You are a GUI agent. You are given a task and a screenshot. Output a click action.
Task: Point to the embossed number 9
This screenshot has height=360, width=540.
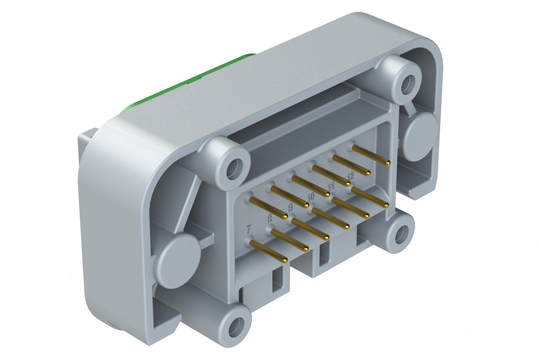click(291, 207)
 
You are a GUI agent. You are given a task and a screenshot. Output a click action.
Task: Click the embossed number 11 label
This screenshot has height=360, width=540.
click(331, 186)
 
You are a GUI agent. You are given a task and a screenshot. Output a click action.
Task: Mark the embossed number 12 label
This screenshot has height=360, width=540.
click(351, 175)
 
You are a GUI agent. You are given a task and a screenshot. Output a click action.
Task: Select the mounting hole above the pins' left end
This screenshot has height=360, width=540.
click(234, 166)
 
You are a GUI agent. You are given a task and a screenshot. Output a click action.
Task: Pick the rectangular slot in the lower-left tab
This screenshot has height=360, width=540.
click(278, 280)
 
